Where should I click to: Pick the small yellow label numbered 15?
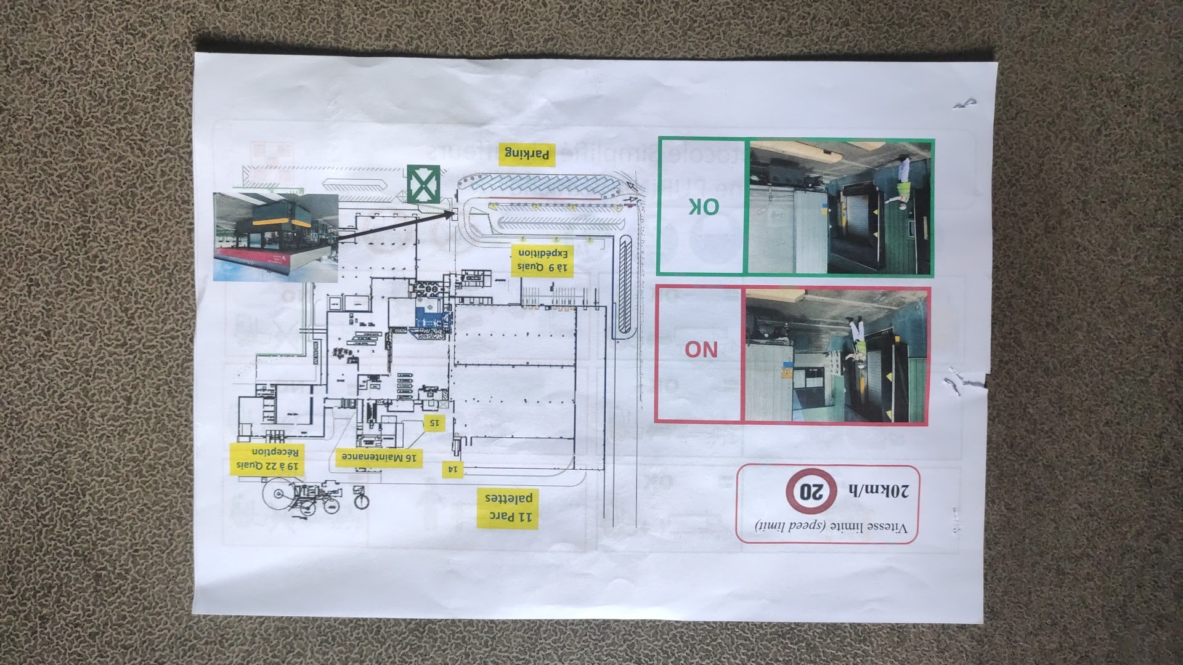[434, 422]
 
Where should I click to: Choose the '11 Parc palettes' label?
[508, 508]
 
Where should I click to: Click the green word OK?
[702, 207]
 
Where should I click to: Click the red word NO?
[701, 350]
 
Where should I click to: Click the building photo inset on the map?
[275, 237]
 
